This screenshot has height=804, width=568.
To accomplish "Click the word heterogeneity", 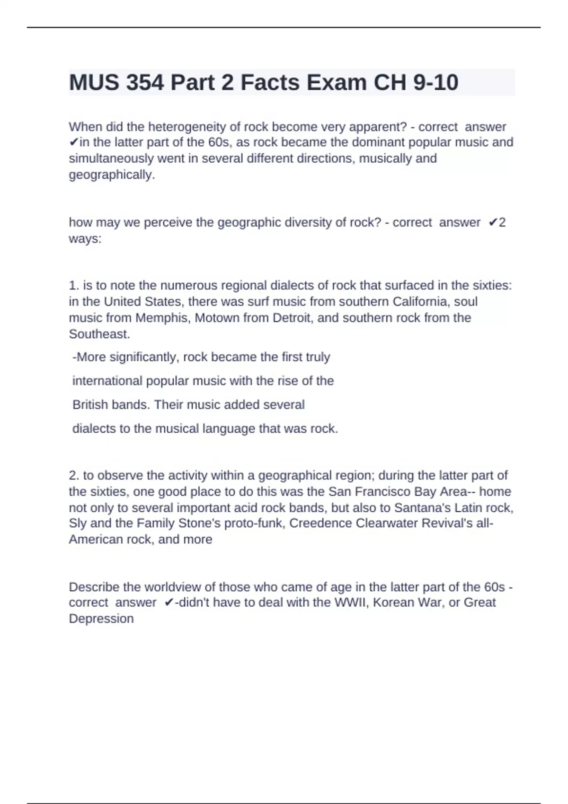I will [x=188, y=127].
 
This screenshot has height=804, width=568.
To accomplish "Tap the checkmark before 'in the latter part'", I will [x=74, y=142].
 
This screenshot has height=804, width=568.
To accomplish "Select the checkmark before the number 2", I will [x=493, y=222].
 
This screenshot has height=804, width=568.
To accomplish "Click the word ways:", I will [x=85, y=238].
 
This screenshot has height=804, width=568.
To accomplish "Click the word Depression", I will [x=101, y=619].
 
